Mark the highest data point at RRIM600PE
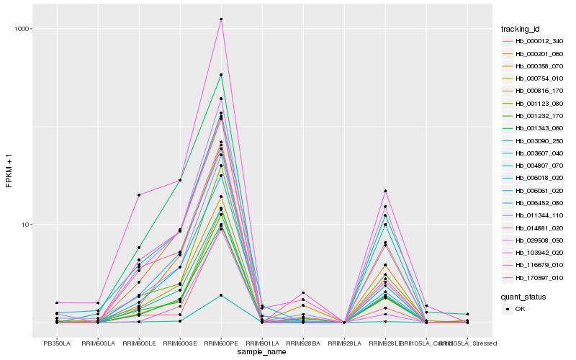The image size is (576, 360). (x=221, y=19)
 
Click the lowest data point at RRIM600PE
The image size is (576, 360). (x=221, y=295)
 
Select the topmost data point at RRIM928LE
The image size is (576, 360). (x=385, y=191)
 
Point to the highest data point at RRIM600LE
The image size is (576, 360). (x=139, y=194)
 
